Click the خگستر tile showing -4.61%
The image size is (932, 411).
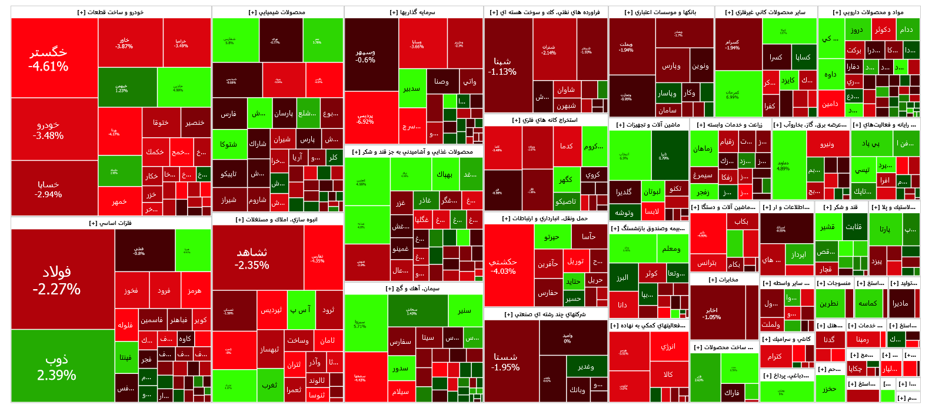coord(48,59)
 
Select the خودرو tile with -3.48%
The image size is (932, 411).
coord(48,130)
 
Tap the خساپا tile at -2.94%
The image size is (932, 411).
coord(48,188)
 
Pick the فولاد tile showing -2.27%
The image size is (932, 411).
coord(56,280)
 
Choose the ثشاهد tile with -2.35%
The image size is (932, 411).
coord(252,258)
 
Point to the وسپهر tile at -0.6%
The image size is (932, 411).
coord(365,55)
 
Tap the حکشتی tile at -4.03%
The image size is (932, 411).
coord(502,266)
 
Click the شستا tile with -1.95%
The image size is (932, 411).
coord(506,362)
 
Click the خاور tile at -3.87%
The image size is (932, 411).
coord(124,43)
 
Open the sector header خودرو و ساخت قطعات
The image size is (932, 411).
coord(111,12)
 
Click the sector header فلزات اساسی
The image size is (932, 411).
coord(111,223)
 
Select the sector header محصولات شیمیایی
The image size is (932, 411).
coord(277,12)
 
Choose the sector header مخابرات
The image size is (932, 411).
coord(724,280)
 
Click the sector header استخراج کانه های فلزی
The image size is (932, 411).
coord(545,120)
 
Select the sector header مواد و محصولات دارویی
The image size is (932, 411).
coord(868,12)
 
